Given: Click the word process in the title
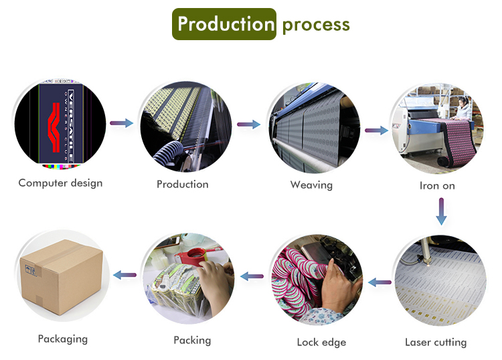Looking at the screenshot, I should pyautogui.click(x=316, y=25).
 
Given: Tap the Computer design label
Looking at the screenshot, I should pyautogui.click(x=60, y=183).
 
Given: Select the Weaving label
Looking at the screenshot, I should pyautogui.click(x=311, y=184).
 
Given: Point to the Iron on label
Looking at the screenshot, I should pyautogui.click(x=437, y=185).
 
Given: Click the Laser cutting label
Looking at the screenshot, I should pyautogui.click(x=436, y=343).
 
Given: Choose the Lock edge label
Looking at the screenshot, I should pyautogui.click(x=321, y=343).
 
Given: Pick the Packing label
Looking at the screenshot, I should pyautogui.click(x=192, y=341).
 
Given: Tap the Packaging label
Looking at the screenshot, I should pyautogui.click(x=62, y=339).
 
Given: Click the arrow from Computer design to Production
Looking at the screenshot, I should pyautogui.click(x=121, y=123).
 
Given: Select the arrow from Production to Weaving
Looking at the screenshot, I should pyautogui.click(x=248, y=124).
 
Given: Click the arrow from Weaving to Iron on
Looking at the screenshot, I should pyautogui.click(x=377, y=131).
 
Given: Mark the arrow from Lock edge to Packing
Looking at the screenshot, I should pyautogui.click(x=252, y=275).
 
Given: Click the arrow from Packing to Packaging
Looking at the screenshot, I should pyautogui.click(x=125, y=274).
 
